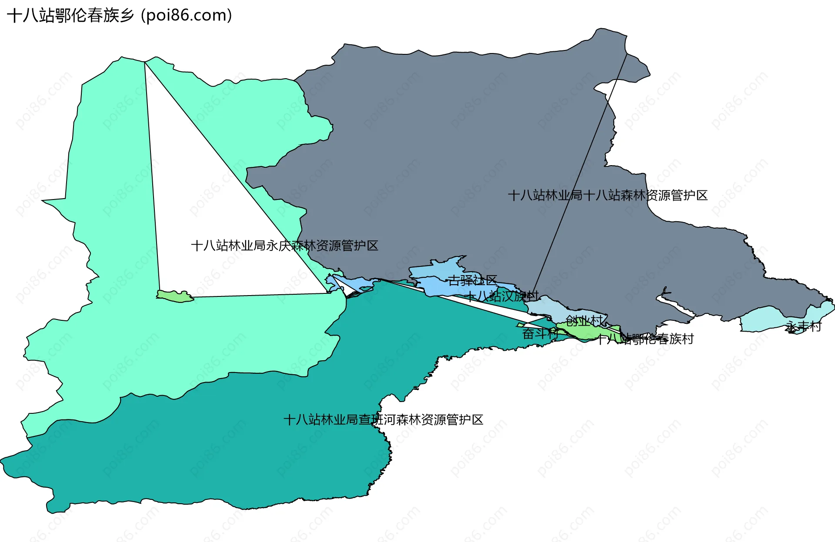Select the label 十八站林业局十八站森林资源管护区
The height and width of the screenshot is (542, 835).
coord(608,196)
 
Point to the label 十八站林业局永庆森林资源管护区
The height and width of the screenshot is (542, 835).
coord(284,246)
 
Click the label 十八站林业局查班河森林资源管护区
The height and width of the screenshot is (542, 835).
coord(383,420)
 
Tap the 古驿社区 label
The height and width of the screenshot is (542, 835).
coord(472,280)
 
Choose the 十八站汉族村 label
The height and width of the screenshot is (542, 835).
coord(501,296)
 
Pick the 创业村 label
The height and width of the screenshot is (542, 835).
coord(584,321)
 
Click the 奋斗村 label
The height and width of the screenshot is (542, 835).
coord(540,334)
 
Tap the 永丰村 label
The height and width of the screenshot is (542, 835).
coord(804,326)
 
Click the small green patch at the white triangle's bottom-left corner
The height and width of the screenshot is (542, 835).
coord(174,296)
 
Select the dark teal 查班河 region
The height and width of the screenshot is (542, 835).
coord(217,456)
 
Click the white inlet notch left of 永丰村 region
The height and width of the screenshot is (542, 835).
coord(674,304)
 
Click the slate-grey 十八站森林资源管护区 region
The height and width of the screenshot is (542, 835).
coord(435,152)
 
